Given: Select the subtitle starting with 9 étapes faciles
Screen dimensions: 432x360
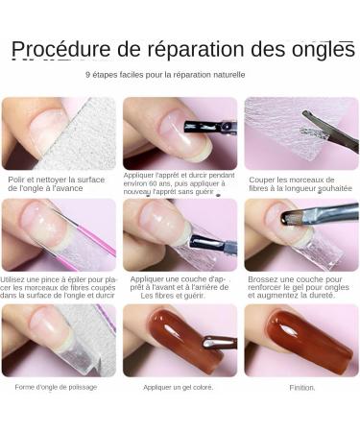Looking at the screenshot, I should [x=165, y=74].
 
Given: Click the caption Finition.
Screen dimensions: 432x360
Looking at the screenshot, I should [x=301, y=388].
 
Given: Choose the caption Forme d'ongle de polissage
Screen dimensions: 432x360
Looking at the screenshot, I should [x=56, y=388].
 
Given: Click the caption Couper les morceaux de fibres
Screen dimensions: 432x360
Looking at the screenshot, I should [x=300, y=183].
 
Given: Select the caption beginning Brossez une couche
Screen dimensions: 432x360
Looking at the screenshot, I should [x=300, y=286].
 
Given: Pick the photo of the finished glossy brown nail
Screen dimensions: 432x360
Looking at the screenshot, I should [x=301, y=340].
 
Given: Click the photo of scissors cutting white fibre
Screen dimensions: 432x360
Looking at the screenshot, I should [x=301, y=132].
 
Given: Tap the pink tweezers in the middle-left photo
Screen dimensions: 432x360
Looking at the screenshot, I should [x=91, y=235].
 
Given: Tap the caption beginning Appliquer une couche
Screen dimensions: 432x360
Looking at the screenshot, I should [x=180, y=286].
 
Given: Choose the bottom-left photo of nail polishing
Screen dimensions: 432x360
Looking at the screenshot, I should [x=58, y=340].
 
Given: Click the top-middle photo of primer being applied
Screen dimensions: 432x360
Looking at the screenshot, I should [x=180, y=132].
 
